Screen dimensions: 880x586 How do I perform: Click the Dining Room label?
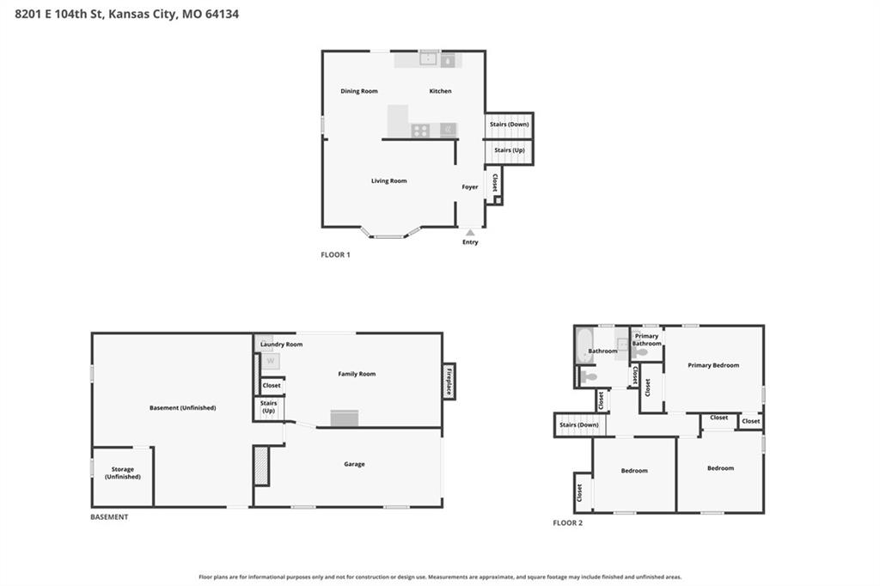(x=359, y=91)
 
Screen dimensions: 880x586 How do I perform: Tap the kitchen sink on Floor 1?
(x=429, y=58)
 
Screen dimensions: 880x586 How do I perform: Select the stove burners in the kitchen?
(x=420, y=131)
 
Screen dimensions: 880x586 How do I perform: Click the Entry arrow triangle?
(x=470, y=232)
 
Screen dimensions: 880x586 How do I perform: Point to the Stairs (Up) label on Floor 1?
(x=510, y=150)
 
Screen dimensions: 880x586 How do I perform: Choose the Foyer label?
(x=470, y=187)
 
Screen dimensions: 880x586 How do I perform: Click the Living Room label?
(x=389, y=180)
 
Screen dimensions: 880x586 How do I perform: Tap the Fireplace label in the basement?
(x=449, y=381)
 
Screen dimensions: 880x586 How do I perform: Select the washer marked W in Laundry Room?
(x=271, y=361)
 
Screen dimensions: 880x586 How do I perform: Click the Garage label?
(x=354, y=464)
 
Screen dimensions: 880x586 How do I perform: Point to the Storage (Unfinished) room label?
(x=122, y=473)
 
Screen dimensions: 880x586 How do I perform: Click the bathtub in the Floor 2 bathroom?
(x=584, y=345)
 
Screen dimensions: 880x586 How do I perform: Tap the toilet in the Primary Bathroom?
(x=639, y=353)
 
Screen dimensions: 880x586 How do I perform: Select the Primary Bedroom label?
(x=713, y=365)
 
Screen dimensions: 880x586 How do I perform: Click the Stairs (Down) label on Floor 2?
(x=579, y=425)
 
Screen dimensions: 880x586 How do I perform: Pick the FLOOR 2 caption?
(x=568, y=523)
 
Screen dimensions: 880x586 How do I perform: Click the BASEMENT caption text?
(x=109, y=517)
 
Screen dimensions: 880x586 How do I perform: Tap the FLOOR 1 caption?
(x=336, y=255)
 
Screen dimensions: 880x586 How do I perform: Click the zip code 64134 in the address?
(x=223, y=14)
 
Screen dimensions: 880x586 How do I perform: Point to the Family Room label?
(x=357, y=374)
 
